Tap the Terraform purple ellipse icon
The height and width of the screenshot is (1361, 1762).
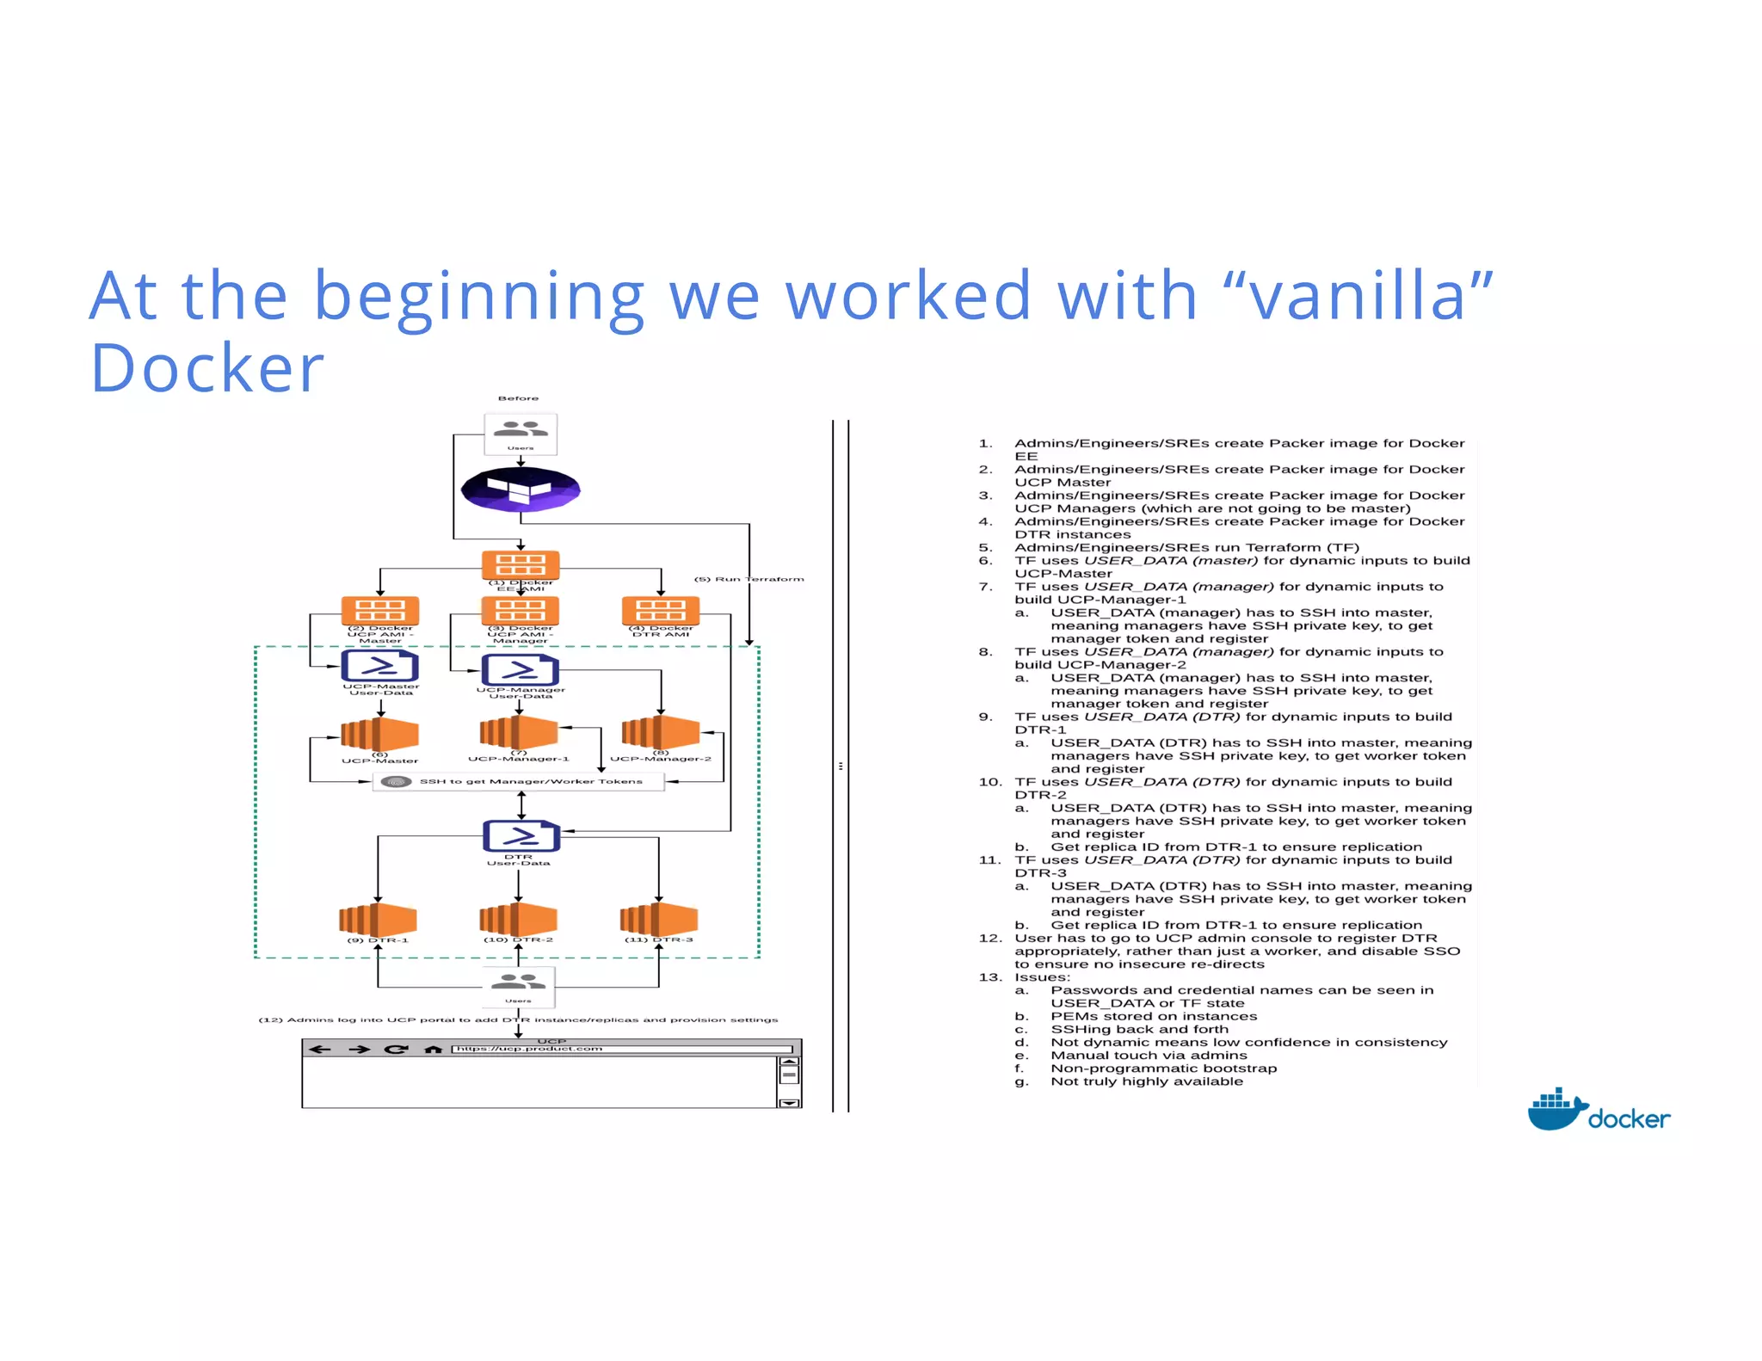click(x=521, y=489)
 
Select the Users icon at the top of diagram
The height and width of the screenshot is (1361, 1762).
click(x=521, y=433)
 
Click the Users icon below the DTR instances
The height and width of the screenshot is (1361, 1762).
click(x=518, y=986)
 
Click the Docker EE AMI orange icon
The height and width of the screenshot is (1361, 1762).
click(x=521, y=565)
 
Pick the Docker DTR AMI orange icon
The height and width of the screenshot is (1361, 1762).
click(x=660, y=611)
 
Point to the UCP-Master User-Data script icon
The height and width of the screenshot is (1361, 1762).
click(x=379, y=666)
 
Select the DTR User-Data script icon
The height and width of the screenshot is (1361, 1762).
click(x=520, y=835)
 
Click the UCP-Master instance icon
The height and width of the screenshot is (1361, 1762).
click(x=379, y=735)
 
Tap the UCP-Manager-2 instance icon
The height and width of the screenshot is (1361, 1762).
click(x=660, y=732)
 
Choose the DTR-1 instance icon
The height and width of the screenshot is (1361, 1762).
click(x=378, y=919)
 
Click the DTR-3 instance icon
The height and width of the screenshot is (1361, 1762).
click(x=658, y=919)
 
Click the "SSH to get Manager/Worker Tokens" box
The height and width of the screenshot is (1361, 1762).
click(x=519, y=781)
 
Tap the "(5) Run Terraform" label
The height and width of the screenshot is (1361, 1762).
click(x=749, y=579)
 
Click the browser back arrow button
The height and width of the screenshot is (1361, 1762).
click(x=320, y=1049)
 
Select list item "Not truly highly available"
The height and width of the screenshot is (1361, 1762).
click(x=1146, y=1081)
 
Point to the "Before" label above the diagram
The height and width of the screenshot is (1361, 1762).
click(x=518, y=398)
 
